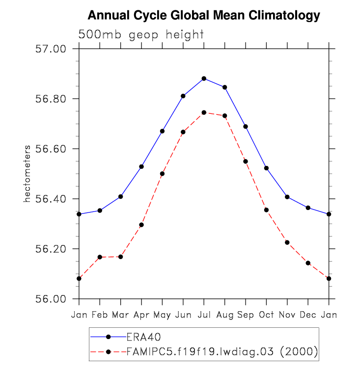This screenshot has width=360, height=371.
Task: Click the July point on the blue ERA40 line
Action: coord(204,79)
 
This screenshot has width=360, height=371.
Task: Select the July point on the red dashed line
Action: coord(204,112)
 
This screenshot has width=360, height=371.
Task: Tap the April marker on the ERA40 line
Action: coord(141,166)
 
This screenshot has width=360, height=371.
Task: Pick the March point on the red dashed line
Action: coord(120,257)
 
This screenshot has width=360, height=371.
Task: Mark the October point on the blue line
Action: coord(266,168)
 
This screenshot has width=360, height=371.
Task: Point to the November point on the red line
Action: coord(287,242)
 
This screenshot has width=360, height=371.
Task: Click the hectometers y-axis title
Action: coord(28,174)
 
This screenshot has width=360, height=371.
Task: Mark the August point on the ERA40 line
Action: coord(224,87)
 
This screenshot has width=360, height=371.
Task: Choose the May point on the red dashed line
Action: coord(162,174)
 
